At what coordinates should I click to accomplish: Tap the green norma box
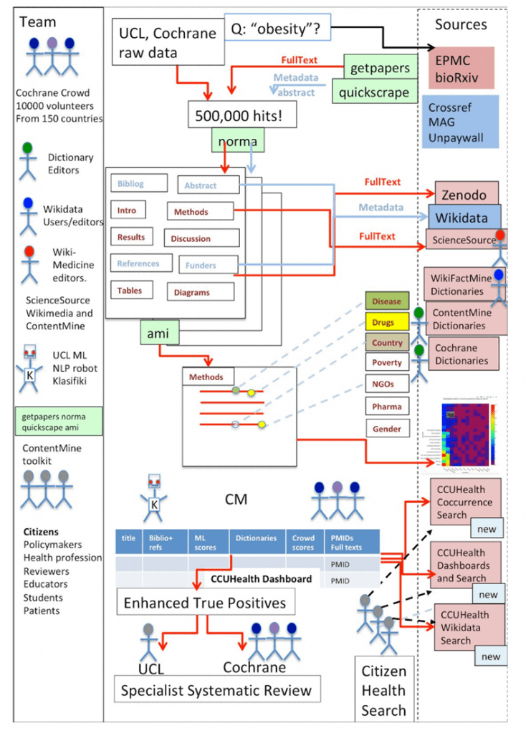[x=236, y=141]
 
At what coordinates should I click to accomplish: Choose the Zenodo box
[x=466, y=194]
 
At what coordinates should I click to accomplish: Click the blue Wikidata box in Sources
[x=464, y=217]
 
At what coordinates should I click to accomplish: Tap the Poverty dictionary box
[x=387, y=363]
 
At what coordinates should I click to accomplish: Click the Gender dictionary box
[x=387, y=429]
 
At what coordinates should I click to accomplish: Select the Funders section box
[x=207, y=266]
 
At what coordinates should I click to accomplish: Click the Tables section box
[x=130, y=291]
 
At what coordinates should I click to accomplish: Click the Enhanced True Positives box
[x=205, y=603]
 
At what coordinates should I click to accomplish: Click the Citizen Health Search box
[x=384, y=690]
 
